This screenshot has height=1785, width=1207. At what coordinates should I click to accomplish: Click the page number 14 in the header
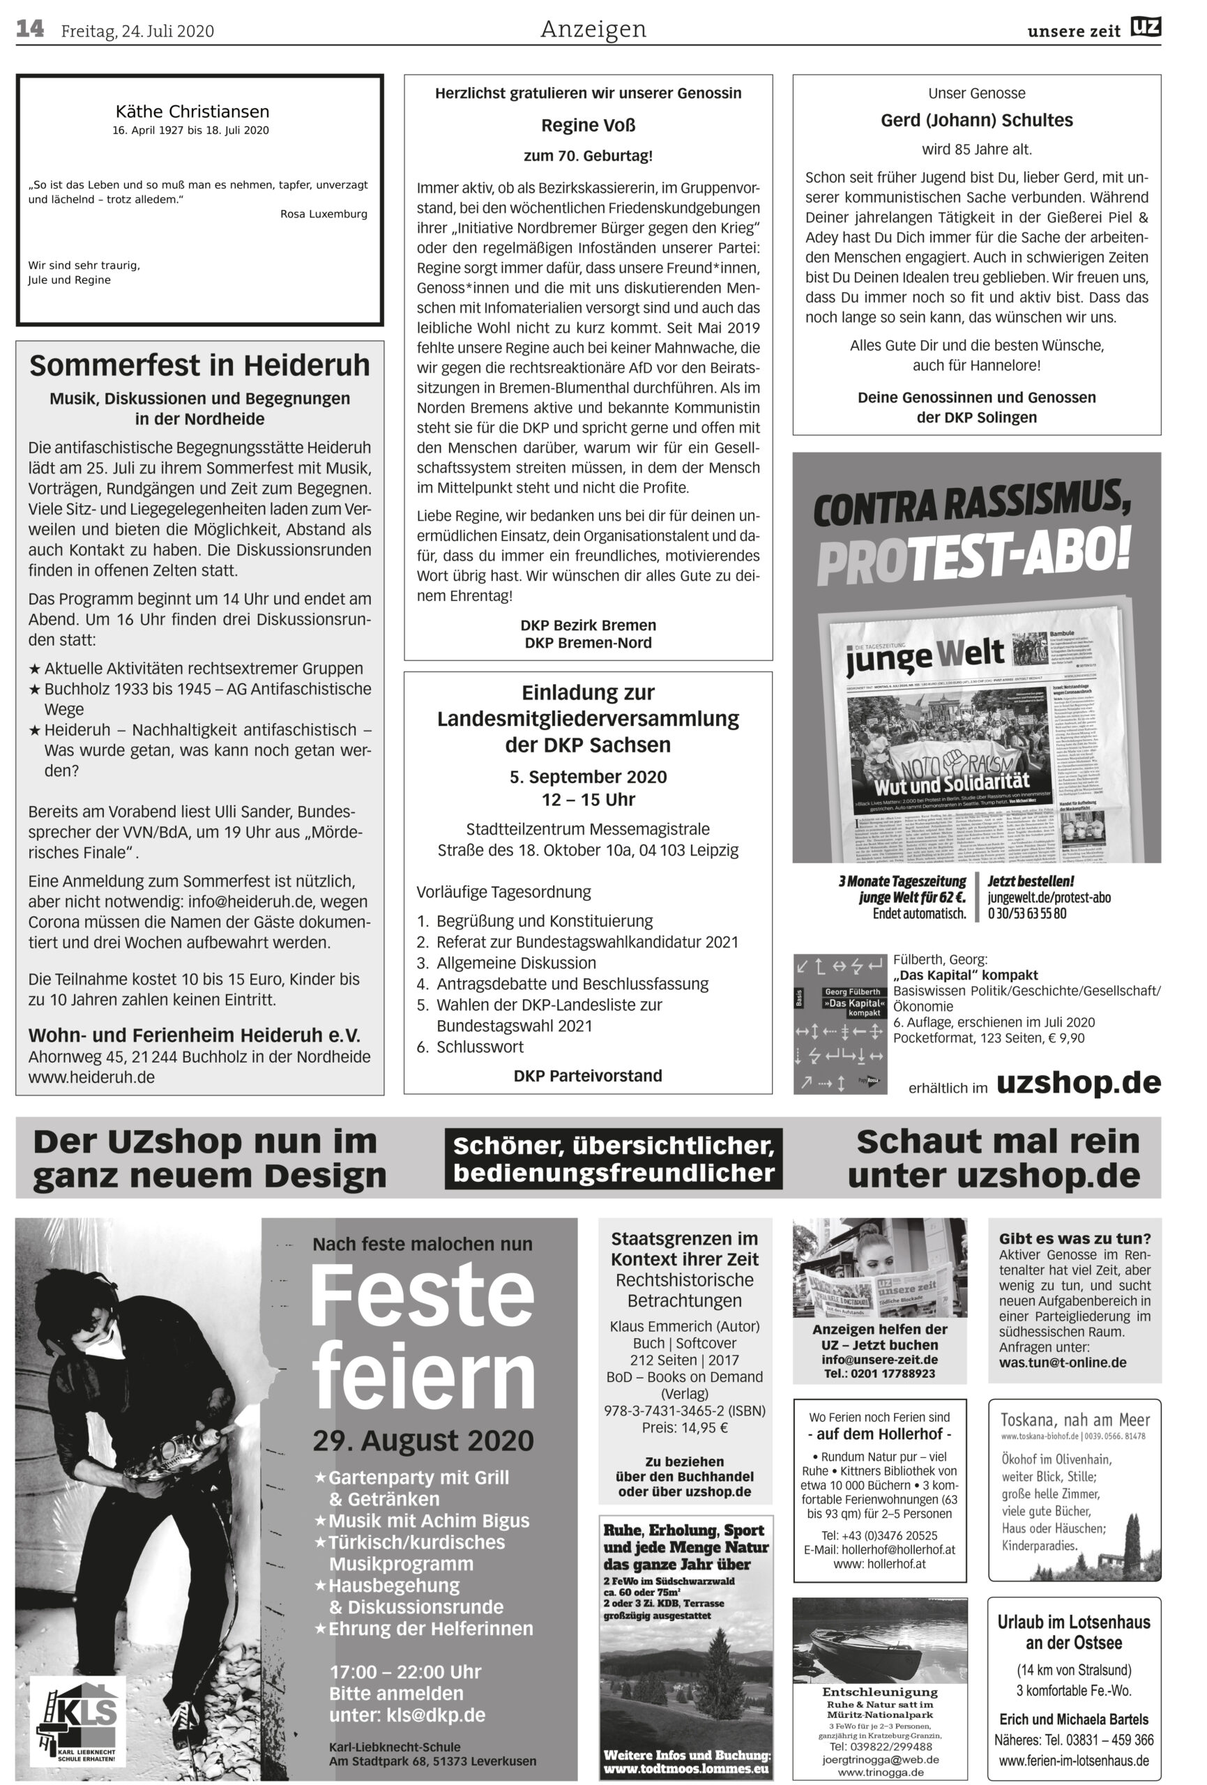click(x=30, y=29)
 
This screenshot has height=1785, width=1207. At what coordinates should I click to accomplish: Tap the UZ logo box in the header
click(x=1145, y=28)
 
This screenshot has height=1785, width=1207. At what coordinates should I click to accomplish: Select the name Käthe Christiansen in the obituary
click(x=192, y=112)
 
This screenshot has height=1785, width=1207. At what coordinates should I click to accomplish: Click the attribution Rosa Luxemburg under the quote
click(x=324, y=213)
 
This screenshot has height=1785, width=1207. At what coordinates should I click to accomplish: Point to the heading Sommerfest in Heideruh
click(x=199, y=365)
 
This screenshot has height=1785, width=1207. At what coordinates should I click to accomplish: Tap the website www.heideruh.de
click(x=91, y=1077)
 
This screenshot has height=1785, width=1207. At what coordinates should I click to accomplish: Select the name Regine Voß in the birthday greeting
click(x=588, y=126)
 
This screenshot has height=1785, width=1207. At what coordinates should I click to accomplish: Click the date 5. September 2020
click(x=588, y=777)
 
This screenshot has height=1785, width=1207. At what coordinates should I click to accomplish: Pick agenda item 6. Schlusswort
click(x=470, y=1046)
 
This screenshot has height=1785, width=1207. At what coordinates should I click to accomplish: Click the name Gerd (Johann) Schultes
click(x=976, y=121)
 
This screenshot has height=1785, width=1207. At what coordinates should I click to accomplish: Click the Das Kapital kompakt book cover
click(x=840, y=1023)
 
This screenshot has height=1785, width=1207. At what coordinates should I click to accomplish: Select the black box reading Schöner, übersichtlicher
click(x=613, y=1158)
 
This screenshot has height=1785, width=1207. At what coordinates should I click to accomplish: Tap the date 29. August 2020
click(x=423, y=1440)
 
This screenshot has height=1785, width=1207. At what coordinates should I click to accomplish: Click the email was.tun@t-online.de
click(x=1062, y=1362)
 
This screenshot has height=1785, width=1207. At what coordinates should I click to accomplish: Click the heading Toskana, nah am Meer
click(x=1074, y=1420)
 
